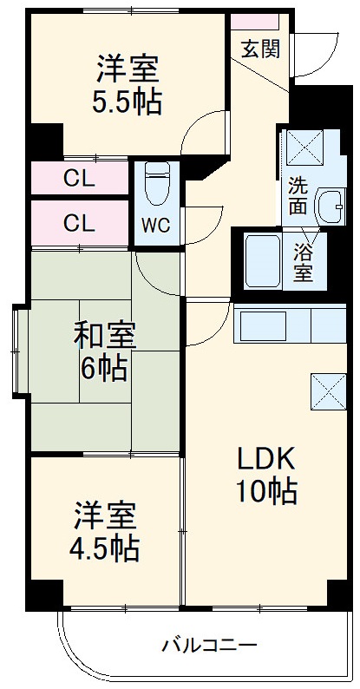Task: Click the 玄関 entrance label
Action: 260,49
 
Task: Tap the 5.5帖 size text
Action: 128,102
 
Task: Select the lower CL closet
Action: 79,223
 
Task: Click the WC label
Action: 156,225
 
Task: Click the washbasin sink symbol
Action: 330,206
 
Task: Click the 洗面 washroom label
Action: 298,195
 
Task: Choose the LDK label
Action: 268,456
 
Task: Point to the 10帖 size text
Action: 268,492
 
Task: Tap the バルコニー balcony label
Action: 209,645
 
